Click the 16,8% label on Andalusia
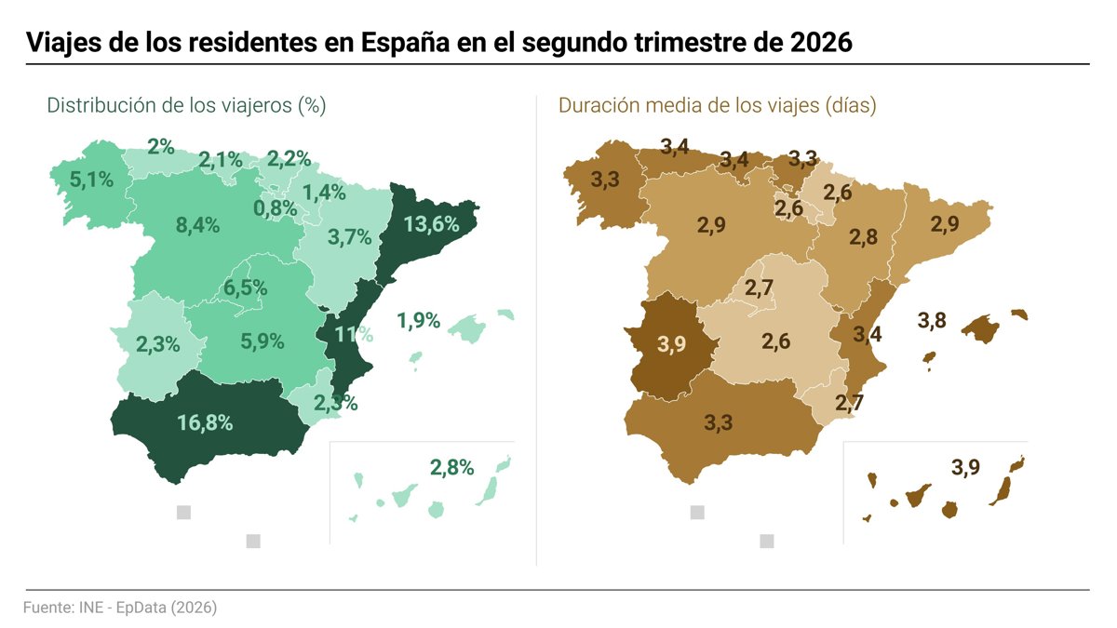coord(205,422)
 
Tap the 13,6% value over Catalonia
coord(431,224)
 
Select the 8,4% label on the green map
coord(197,225)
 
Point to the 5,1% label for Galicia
coord(91,180)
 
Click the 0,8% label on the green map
coord(276,208)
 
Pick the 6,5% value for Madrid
coord(245,287)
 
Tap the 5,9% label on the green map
coord(262,341)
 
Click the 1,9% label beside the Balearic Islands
coord(418,320)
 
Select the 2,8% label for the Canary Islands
coord(451,467)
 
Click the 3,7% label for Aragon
coord(350,236)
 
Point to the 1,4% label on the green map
coord(324,193)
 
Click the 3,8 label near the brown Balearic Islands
coord(932,320)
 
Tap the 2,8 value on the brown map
coord(863,236)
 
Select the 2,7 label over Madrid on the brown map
coord(759,287)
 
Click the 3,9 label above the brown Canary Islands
coord(965,467)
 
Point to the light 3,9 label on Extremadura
coord(671,344)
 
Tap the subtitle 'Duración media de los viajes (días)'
coord(717,106)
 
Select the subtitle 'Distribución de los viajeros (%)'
coord(186,106)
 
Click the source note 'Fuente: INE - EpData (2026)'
coord(120,608)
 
